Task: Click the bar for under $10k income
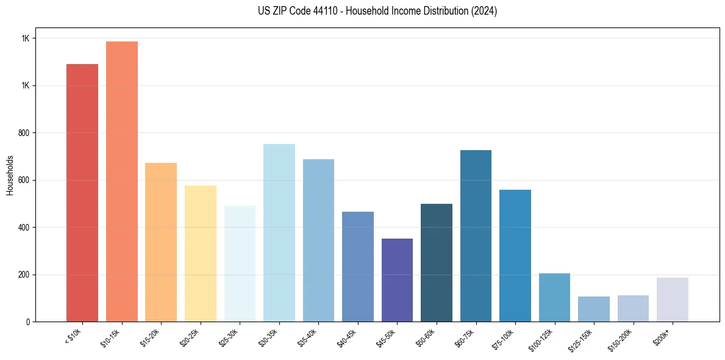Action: coord(82,193)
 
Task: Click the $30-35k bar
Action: coord(279,232)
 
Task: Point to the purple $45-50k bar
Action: coord(397,280)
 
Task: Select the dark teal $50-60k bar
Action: coord(437,262)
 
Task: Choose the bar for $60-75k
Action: coord(476,236)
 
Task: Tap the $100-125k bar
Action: coord(554,297)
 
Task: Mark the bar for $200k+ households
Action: coord(672,300)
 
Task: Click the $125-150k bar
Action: coord(593,309)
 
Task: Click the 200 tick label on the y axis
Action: coord(24,275)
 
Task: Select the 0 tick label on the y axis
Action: coord(28,322)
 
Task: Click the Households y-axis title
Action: coord(10,175)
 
